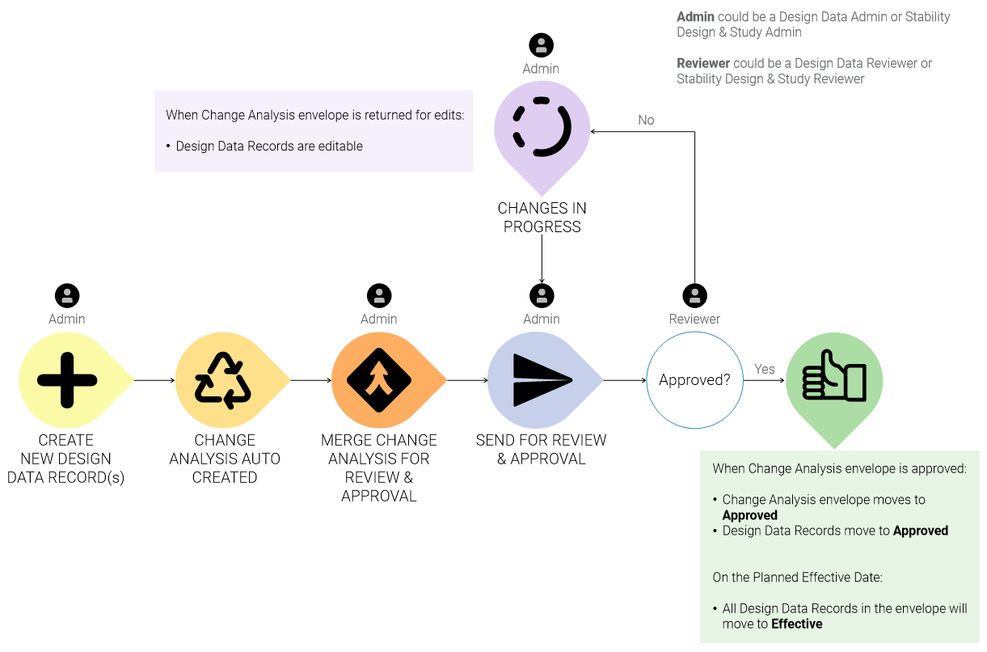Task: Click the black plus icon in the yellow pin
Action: pos(67,380)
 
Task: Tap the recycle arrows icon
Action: pos(224,380)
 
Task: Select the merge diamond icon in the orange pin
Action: pos(379,380)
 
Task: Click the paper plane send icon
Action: pos(541,380)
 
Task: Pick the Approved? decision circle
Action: pos(694,380)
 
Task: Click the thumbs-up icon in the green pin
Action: pos(833,377)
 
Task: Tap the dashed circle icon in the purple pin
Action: pos(542,127)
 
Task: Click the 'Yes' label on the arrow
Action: pos(764,369)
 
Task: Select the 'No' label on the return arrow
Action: pos(646,120)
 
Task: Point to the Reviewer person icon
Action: pos(694,295)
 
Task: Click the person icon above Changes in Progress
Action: pos(541,45)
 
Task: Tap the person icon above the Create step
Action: pos(67,295)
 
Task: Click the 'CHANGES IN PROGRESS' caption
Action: pos(542,218)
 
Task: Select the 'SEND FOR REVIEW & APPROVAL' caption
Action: pos(541,449)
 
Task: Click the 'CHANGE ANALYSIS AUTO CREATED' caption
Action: pos(225,459)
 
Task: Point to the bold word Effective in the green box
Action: pos(796,624)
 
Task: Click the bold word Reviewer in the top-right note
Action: pos(703,63)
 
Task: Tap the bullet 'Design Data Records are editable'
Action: pos(269,146)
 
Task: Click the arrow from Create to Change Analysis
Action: pos(154,380)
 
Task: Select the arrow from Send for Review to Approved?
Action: pos(624,380)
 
